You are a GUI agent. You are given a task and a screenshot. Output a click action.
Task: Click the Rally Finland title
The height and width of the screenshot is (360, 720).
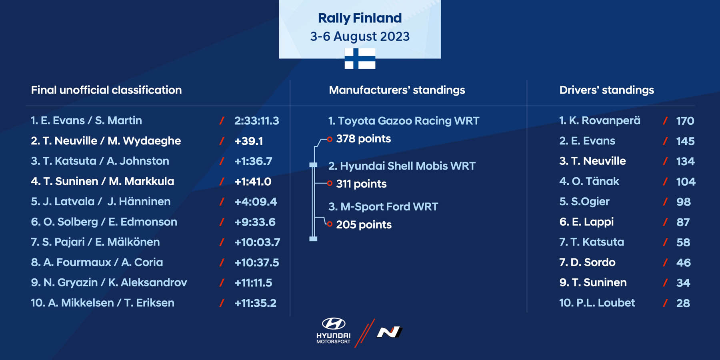(360, 18)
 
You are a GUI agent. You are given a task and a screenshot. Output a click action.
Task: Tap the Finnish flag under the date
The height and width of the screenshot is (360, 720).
(360, 58)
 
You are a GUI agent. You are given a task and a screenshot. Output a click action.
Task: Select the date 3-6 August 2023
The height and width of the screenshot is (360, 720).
(360, 36)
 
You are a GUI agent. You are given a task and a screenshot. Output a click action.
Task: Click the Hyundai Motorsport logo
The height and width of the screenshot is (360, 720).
(334, 331)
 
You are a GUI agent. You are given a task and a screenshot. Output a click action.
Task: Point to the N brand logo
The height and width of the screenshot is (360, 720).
(389, 332)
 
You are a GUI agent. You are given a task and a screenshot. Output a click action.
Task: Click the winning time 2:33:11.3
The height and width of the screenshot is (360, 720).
(257, 121)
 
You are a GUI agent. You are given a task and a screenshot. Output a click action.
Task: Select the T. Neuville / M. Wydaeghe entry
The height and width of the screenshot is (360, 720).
(106, 141)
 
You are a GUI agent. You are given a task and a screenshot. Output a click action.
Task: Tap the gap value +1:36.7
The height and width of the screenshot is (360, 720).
(253, 161)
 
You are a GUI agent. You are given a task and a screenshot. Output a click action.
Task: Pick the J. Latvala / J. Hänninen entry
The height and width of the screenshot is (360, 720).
(101, 201)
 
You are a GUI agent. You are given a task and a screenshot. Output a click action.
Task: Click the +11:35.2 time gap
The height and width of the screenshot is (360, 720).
(255, 303)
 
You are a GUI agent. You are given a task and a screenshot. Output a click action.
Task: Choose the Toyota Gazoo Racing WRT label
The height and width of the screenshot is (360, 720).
(404, 121)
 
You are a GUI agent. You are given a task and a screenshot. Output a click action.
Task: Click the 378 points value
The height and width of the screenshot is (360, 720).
(363, 139)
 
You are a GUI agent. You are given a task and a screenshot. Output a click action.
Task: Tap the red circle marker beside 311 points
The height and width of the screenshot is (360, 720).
(330, 183)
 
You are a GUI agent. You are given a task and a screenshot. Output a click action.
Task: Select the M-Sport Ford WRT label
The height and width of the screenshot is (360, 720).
(383, 206)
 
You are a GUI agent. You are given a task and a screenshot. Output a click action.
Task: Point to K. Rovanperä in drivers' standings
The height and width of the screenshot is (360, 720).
(600, 120)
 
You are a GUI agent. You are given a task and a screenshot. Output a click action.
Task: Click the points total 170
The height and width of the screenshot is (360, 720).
(685, 121)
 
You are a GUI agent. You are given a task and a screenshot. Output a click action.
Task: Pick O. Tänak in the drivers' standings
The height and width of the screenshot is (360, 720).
(589, 181)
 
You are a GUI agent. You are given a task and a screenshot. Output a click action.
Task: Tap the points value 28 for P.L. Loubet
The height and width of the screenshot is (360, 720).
(683, 303)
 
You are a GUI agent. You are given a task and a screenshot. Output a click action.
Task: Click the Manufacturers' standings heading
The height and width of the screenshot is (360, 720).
(397, 90)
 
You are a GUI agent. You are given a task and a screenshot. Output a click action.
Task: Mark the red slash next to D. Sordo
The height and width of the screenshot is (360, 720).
(665, 262)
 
